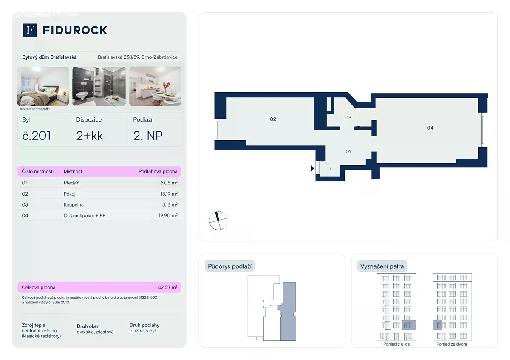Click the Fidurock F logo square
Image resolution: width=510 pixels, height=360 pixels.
[30, 30]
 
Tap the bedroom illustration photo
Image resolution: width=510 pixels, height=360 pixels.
[43, 86]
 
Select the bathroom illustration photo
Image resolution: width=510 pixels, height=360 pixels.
[99, 86]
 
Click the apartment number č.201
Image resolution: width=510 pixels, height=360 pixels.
[37, 136]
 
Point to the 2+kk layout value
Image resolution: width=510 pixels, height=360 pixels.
[89, 136]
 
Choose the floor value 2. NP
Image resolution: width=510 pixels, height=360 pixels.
[148, 136]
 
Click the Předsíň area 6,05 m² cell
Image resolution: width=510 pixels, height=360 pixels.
[169, 183]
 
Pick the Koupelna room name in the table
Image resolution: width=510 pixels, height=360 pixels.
[74, 205]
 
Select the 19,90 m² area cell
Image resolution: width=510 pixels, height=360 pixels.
[168, 215]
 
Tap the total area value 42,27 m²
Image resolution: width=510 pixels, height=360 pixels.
[167, 287]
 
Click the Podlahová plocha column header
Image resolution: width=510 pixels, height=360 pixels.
[158, 171]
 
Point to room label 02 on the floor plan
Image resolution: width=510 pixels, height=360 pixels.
[273, 119]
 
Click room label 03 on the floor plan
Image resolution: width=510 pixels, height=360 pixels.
[348, 117]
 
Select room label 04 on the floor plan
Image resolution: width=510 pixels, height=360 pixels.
[430, 128]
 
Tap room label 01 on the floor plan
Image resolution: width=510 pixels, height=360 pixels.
[348, 151]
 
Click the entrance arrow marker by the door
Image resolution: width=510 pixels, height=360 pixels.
[312, 168]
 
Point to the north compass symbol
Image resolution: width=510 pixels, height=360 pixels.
[218, 221]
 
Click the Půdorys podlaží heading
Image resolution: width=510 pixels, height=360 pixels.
[229, 266]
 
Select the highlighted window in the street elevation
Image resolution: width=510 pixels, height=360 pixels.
[408, 325]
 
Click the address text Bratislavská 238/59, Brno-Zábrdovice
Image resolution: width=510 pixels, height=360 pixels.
[138, 57]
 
